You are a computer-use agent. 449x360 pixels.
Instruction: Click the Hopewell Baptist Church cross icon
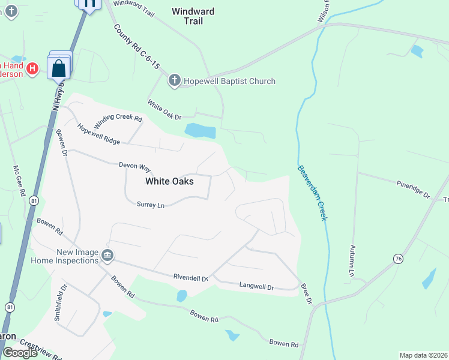coord(174,81)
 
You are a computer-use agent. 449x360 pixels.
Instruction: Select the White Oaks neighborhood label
coord(170,181)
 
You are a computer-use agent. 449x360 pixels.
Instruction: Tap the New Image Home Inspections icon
coord(107,256)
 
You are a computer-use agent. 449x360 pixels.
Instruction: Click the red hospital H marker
coord(34,69)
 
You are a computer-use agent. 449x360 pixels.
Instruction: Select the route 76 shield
coord(398,259)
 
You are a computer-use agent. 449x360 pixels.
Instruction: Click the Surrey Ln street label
coord(150,205)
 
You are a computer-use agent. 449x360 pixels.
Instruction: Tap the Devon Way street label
coord(134,164)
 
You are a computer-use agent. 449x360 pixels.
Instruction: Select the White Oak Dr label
coord(164,109)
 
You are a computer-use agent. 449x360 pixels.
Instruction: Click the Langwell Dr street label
coord(256,287)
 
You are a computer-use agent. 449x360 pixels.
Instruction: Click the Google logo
coord(20,352)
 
